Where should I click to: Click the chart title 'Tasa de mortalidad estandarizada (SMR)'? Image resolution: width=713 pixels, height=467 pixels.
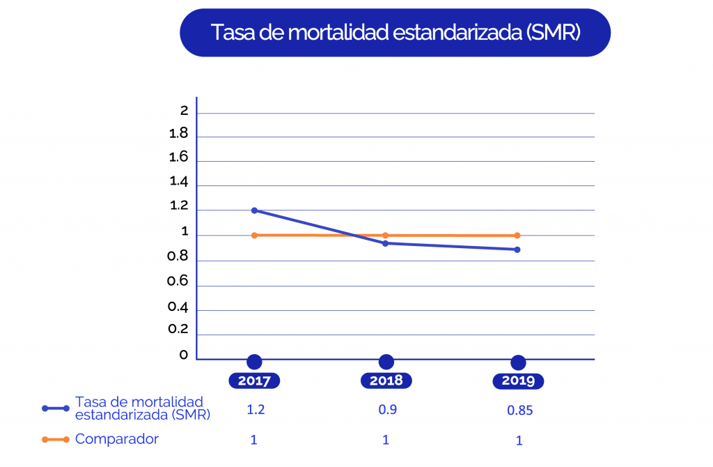tap(395, 33)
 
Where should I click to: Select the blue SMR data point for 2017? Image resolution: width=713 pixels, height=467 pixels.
tap(254, 210)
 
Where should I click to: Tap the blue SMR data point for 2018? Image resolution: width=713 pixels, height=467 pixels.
tap(386, 243)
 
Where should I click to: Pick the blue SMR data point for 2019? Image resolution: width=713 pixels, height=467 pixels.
tap(517, 250)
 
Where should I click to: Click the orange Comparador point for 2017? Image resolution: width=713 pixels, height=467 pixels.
tap(254, 236)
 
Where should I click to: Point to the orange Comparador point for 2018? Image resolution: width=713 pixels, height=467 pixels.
tap(386, 236)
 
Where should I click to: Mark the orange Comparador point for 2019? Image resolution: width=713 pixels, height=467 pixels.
tap(517, 236)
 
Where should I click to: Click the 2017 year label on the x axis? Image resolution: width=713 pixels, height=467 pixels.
tap(254, 381)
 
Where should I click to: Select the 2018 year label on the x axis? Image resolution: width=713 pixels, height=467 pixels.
tap(386, 381)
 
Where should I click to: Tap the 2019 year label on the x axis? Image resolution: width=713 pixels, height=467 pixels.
tap(518, 381)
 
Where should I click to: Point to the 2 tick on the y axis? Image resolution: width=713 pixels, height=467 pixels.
tap(184, 111)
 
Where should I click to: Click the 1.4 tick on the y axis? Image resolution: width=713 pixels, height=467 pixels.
tap(179, 182)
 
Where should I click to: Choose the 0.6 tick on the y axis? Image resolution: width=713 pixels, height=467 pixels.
tap(179, 281)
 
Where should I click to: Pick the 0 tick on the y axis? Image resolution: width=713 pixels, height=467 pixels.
tap(184, 355)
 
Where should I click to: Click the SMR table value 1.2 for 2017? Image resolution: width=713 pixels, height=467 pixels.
tap(256, 410)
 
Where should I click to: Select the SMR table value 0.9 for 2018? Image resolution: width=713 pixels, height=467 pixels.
tap(387, 410)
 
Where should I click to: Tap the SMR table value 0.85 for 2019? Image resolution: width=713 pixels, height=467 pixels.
tap(520, 411)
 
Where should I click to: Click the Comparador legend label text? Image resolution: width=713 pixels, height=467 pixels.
tap(117, 439)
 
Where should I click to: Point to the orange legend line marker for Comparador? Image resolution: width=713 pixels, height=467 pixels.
tap(56, 440)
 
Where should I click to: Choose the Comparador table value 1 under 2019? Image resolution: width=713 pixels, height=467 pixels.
tap(519, 441)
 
